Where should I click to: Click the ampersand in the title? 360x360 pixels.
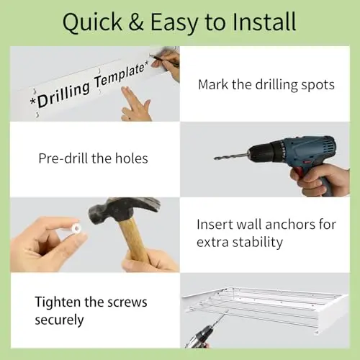click(136, 22)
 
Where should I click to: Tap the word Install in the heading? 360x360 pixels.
click(264, 22)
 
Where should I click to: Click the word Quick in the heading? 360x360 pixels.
click(93, 22)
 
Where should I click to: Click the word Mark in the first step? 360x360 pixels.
click(213, 85)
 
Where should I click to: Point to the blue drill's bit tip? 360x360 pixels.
click(215, 158)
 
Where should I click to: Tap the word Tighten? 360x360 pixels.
click(58, 302)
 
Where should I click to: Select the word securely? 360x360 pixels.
click(59, 320)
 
